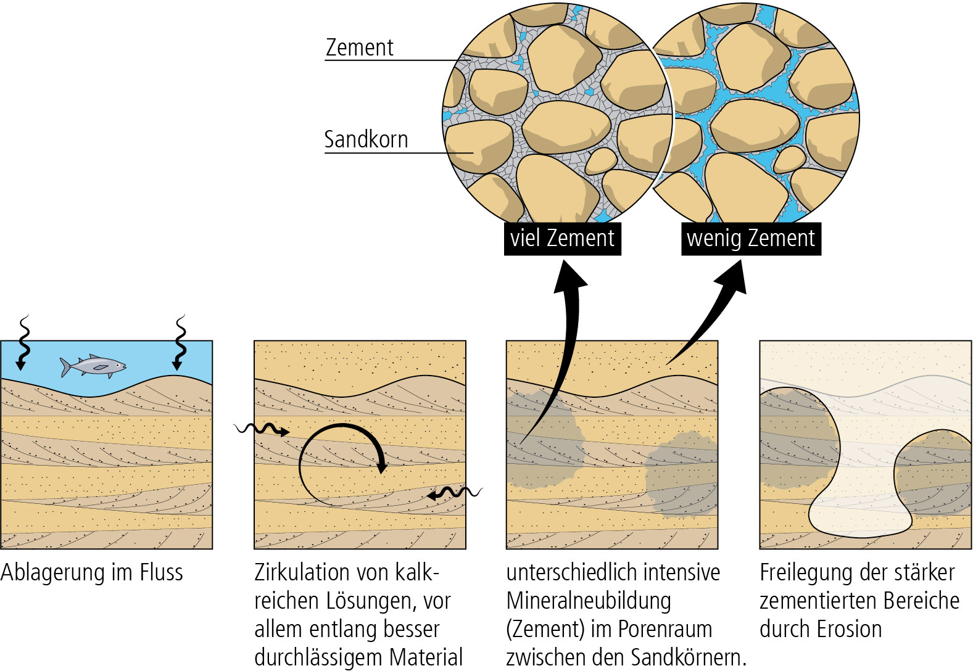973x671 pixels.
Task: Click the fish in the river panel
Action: tap(94, 366)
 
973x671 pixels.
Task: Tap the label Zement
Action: tap(359, 47)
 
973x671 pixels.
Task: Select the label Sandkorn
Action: tap(366, 139)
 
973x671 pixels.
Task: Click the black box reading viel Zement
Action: tap(562, 238)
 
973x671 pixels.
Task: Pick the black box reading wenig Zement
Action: tap(750, 238)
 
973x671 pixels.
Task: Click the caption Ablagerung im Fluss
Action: tap(92, 572)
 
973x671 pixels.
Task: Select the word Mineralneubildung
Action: tap(589, 601)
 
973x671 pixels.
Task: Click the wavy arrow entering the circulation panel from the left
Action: tap(262, 429)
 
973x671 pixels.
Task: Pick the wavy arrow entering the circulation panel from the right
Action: tap(455, 493)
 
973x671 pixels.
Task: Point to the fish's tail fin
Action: tap(65, 367)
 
